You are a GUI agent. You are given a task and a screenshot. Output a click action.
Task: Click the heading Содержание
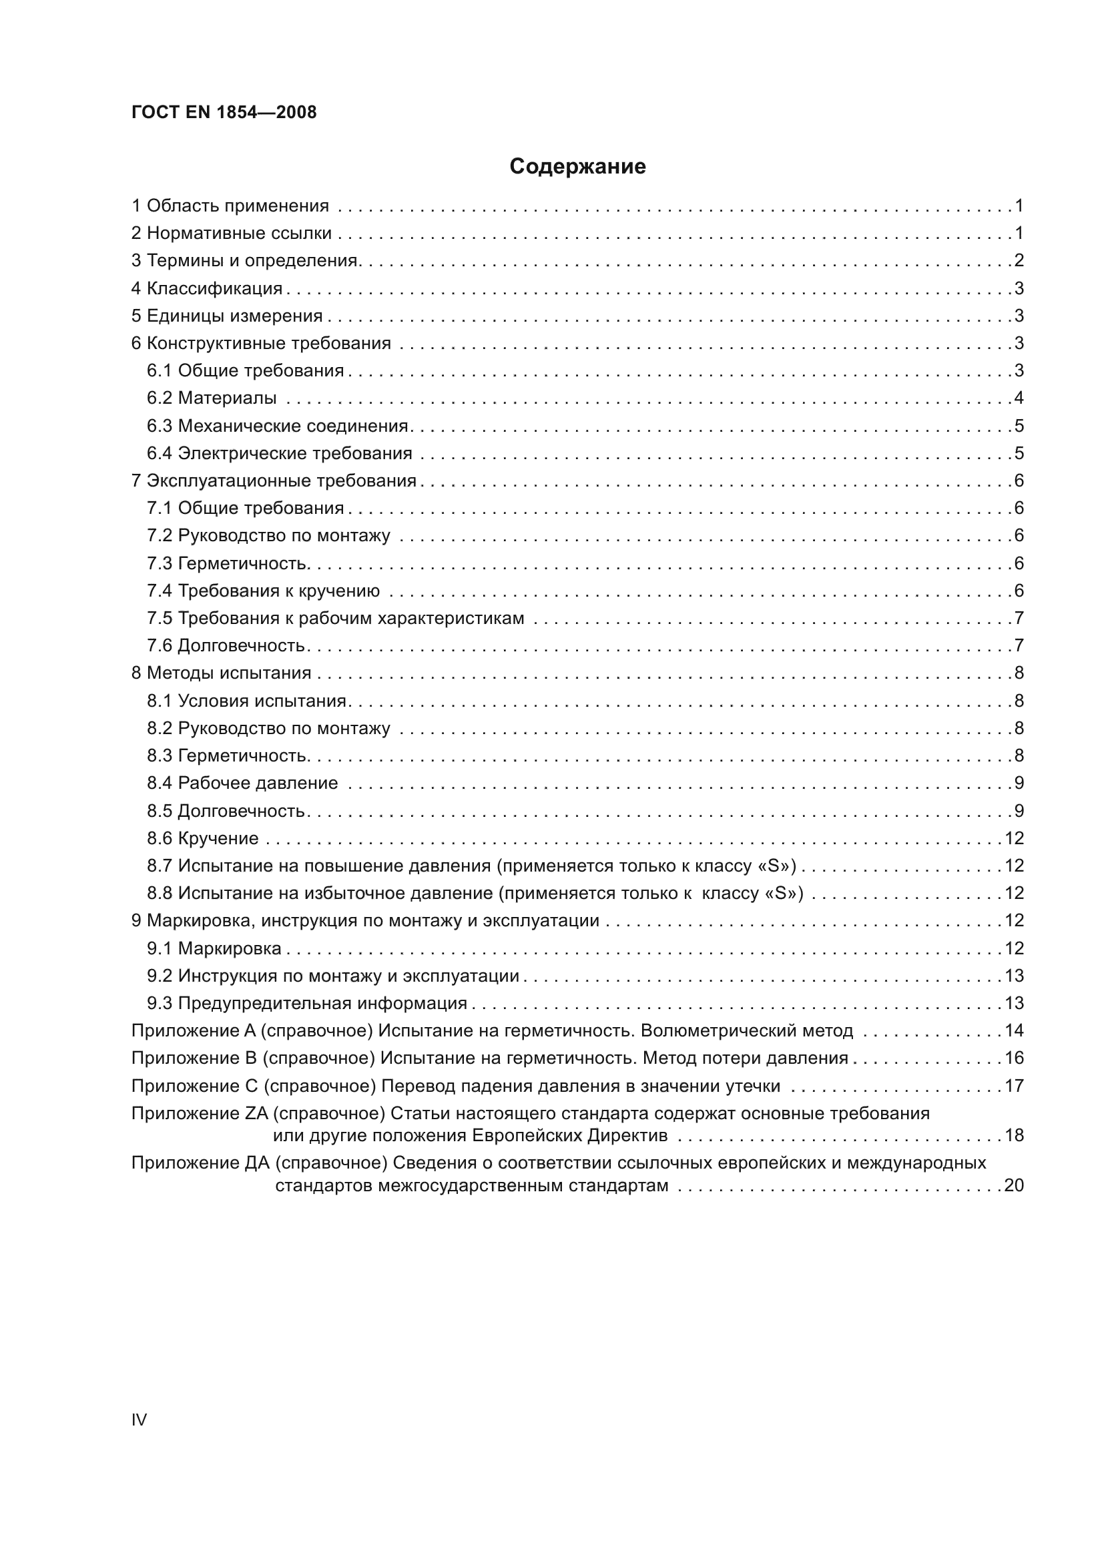(577, 167)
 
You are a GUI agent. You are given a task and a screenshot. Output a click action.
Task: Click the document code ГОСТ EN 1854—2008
(224, 113)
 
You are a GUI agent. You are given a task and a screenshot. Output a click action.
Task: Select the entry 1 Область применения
(230, 206)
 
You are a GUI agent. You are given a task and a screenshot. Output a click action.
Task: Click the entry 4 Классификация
(207, 288)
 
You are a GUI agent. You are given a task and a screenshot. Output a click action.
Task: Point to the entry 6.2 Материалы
(212, 398)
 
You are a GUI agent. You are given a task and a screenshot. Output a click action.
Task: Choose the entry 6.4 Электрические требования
(280, 452)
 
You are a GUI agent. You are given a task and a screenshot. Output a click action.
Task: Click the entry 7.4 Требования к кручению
(263, 591)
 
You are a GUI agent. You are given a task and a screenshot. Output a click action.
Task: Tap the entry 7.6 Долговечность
(226, 645)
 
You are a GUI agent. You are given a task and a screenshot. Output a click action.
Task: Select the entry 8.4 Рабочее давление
(242, 784)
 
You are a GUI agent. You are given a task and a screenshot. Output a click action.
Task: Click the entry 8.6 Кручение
(203, 838)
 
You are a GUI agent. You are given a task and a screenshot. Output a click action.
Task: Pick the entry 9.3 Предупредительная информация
(306, 1004)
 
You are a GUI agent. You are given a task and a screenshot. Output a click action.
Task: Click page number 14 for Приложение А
(1014, 1030)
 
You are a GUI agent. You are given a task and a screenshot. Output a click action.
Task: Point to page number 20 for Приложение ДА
(1014, 1186)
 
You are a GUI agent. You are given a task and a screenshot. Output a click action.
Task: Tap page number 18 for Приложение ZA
(1014, 1135)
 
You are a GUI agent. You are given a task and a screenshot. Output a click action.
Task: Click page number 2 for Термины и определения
(1019, 260)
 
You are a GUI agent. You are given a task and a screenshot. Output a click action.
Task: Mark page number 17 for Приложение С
(1014, 1086)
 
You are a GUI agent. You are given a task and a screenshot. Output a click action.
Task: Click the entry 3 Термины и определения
(245, 261)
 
